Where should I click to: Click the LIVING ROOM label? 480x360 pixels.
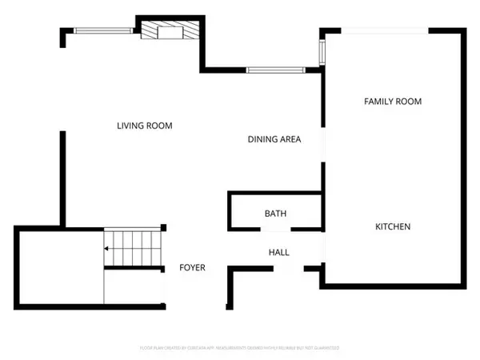coord(144,126)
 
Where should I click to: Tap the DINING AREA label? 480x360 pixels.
coord(274,139)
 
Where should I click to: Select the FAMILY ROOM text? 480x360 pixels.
coord(392,102)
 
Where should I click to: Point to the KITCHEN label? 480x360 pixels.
coord(393,226)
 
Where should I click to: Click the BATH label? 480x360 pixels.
coord(275,214)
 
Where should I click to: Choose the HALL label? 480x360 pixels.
coord(278,252)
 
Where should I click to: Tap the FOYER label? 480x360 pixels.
coord(192,267)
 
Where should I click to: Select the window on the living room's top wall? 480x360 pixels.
coord(103,30)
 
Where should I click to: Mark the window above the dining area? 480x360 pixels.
coord(274,70)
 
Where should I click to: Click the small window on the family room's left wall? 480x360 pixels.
coord(322,53)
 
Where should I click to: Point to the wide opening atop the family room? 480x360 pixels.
coord(389,31)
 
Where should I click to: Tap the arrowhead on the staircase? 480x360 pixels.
coord(106,249)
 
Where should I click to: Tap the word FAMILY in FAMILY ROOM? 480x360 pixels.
coord(379,102)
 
